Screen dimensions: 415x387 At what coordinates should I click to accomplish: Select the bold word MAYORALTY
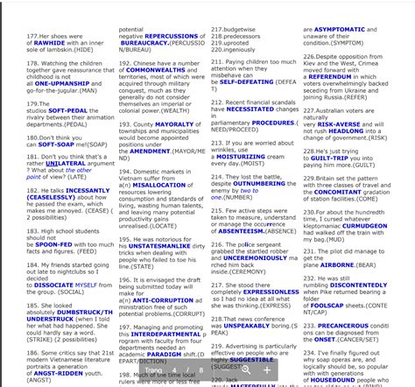180,124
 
